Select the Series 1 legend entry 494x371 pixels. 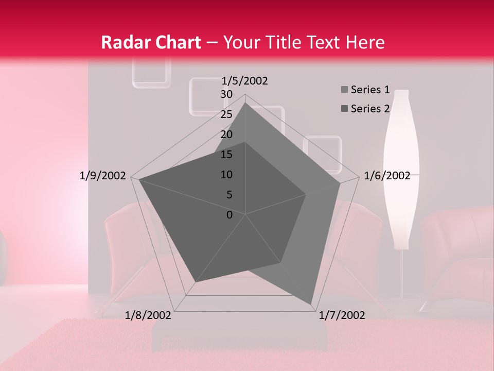[365, 90]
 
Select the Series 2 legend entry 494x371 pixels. [365, 109]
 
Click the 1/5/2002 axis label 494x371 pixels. [245, 81]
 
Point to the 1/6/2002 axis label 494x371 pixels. [387, 176]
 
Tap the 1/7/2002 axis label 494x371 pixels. [342, 315]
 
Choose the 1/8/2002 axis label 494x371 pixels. [148, 315]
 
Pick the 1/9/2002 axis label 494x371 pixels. [103, 176]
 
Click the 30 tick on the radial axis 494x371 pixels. [226, 94]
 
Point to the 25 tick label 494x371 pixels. [226, 114]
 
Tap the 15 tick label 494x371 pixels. [226, 155]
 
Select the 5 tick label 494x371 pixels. [229, 195]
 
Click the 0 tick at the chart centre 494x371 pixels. [230, 215]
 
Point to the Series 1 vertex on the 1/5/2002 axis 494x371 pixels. [245, 103]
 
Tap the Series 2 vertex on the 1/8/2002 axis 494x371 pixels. [196, 282]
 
